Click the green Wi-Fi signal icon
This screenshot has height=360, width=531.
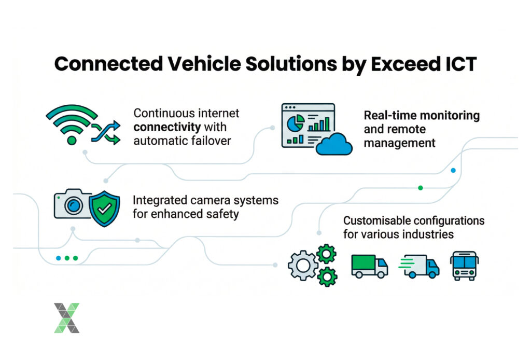pyautogui.click(x=72, y=123)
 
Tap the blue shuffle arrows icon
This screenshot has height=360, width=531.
pyautogui.click(x=105, y=132)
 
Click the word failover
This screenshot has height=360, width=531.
pyautogui.click(x=210, y=141)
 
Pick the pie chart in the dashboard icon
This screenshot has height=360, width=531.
pyautogui.click(x=296, y=123)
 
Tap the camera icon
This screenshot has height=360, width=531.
pyautogui.click(x=70, y=204)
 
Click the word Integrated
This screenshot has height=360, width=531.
pyautogui.click(x=160, y=200)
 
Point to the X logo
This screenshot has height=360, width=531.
pyautogui.click(x=66, y=317)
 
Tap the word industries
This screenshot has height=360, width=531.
pyautogui.click(x=428, y=234)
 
